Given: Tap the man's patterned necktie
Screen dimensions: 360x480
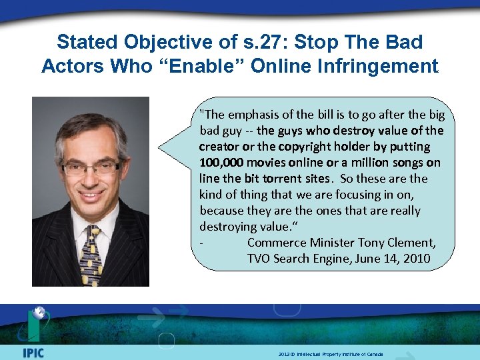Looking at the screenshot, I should pos(91,254).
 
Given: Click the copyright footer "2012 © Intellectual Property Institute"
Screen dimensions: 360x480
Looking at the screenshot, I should pos(331,354).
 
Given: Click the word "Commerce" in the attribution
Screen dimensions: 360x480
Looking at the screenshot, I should pos(275,243).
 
